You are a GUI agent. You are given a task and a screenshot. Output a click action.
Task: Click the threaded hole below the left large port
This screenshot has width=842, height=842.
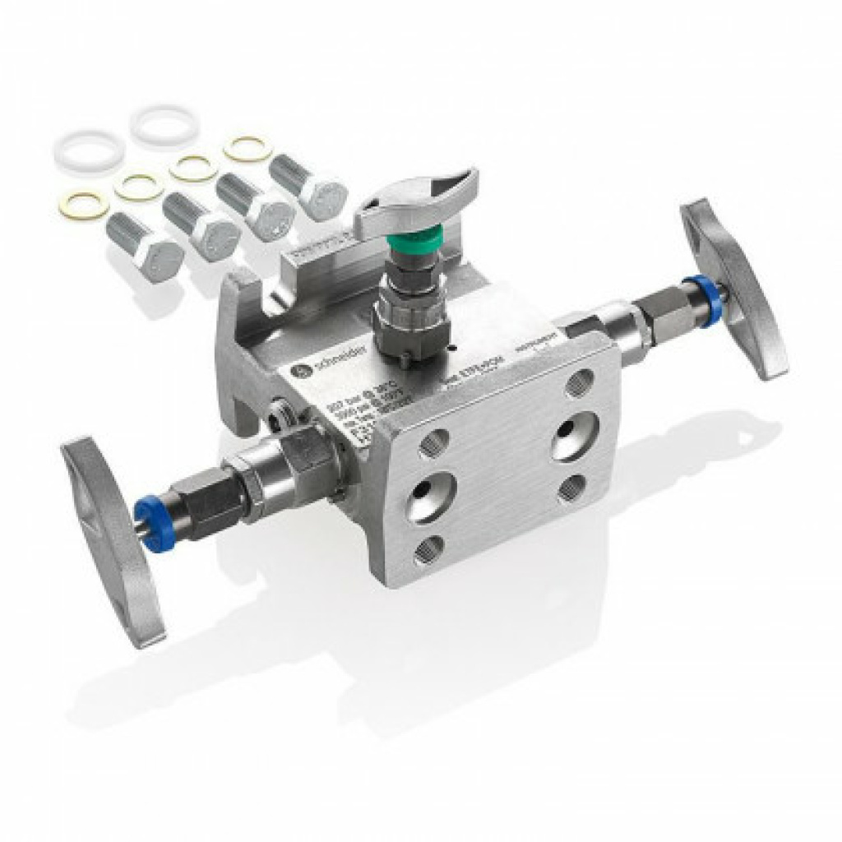click(x=428, y=549)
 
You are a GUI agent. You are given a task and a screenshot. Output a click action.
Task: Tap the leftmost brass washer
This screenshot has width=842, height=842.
click(x=83, y=205)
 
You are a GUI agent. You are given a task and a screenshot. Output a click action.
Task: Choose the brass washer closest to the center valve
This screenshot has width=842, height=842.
click(x=248, y=148)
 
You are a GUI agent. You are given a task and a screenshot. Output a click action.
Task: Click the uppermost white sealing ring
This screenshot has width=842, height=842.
click(x=165, y=124)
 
